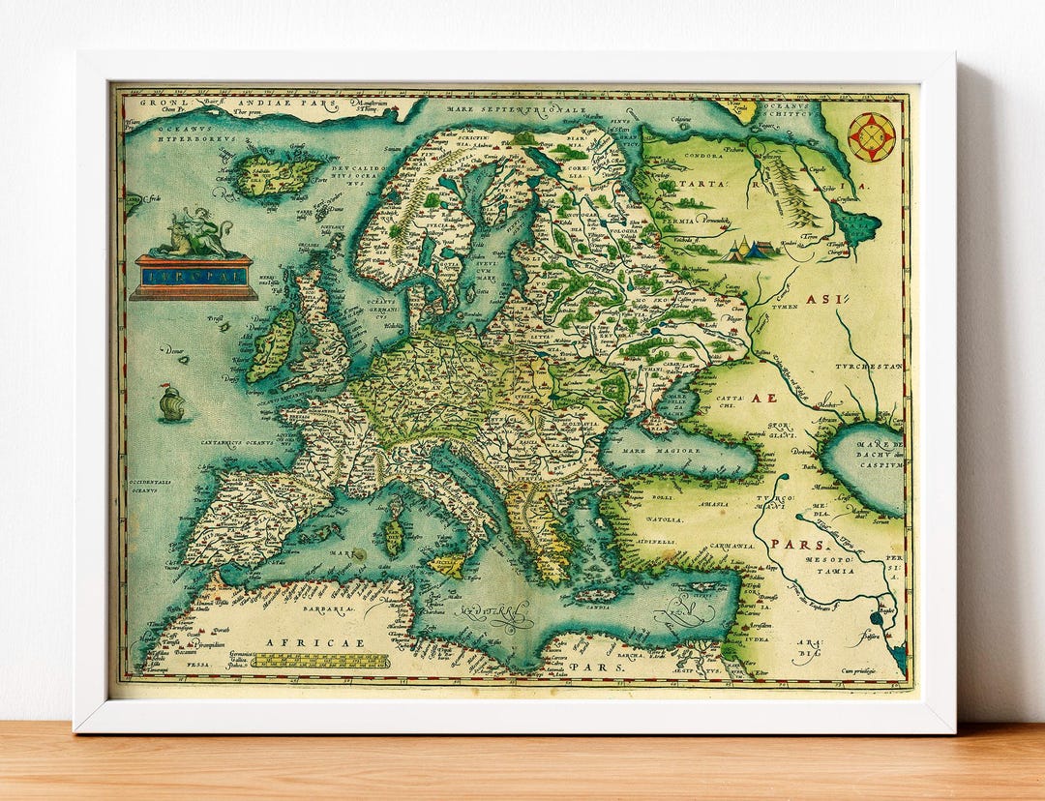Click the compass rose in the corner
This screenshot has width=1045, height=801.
click(x=871, y=136)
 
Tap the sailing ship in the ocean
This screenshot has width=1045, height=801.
click(x=172, y=402)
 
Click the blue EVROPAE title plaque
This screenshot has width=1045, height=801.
click(x=194, y=277)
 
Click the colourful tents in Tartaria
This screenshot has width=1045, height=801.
click(x=750, y=251)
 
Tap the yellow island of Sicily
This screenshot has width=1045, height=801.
click(x=447, y=564)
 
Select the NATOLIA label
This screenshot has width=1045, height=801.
click(x=665, y=519)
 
